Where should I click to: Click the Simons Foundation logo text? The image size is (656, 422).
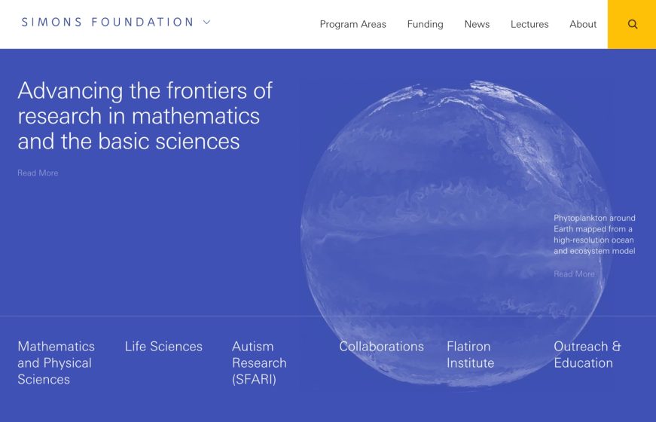point(108,23)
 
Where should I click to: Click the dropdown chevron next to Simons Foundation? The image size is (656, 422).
point(207,23)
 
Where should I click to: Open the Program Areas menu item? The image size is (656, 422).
point(352,24)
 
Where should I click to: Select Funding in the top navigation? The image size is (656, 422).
point(425,24)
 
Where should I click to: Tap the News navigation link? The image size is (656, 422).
point(477,24)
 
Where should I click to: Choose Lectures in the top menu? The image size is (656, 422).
point(529,24)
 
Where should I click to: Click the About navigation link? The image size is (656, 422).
point(583,24)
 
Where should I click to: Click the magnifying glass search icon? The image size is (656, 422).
point(632,24)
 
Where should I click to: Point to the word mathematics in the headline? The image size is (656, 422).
point(196,116)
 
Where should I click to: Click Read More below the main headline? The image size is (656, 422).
point(38,173)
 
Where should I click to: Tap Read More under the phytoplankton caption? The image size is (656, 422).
point(574,274)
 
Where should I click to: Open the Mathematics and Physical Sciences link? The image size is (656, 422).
point(56,362)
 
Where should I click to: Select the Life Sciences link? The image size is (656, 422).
point(163,347)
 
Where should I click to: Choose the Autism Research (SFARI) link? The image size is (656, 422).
point(259,362)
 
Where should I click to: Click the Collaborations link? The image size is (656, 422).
point(381,347)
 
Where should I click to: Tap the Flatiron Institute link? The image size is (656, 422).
point(470,355)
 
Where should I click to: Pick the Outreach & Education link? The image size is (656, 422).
point(587,355)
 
